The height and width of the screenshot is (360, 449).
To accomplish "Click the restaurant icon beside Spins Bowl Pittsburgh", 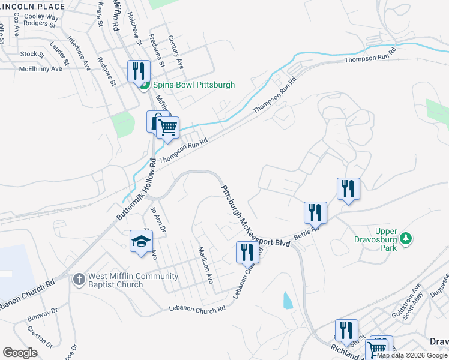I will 139,71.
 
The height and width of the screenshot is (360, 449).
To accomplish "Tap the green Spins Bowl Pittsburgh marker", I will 144,85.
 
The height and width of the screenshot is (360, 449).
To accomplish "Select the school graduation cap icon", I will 141,242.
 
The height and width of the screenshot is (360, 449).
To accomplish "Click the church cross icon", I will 79,280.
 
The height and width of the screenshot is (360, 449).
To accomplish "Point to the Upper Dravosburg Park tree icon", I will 406,238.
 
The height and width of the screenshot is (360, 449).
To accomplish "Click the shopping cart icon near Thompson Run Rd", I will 169,127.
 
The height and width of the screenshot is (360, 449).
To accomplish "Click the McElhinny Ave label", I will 40,69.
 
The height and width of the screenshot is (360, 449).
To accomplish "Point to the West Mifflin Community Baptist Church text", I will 133,280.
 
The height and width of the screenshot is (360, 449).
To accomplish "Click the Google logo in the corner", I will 20,352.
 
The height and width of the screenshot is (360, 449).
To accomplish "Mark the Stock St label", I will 32,54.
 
